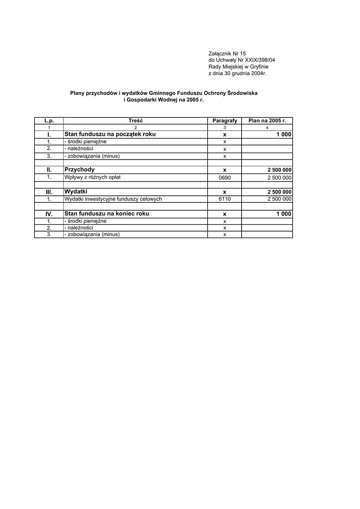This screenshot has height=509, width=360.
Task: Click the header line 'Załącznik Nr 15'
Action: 227,53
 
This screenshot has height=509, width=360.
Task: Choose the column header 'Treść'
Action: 135,121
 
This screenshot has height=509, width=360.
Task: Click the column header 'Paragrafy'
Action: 224,121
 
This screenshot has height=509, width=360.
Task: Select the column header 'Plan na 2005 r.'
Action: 267,121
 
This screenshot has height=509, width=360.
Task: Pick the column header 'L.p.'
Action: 49,121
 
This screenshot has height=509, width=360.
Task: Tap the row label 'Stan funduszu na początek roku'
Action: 110,134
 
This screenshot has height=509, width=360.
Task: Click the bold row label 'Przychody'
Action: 80,170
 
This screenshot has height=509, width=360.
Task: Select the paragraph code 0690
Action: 225,177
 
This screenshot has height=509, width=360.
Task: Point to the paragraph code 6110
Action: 225,199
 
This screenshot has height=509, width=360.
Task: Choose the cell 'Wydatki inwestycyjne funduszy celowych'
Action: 113,199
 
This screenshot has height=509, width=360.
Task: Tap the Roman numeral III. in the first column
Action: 49,192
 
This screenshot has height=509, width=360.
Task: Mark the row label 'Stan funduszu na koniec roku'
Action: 106,213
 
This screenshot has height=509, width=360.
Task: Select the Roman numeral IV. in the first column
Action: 49,214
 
